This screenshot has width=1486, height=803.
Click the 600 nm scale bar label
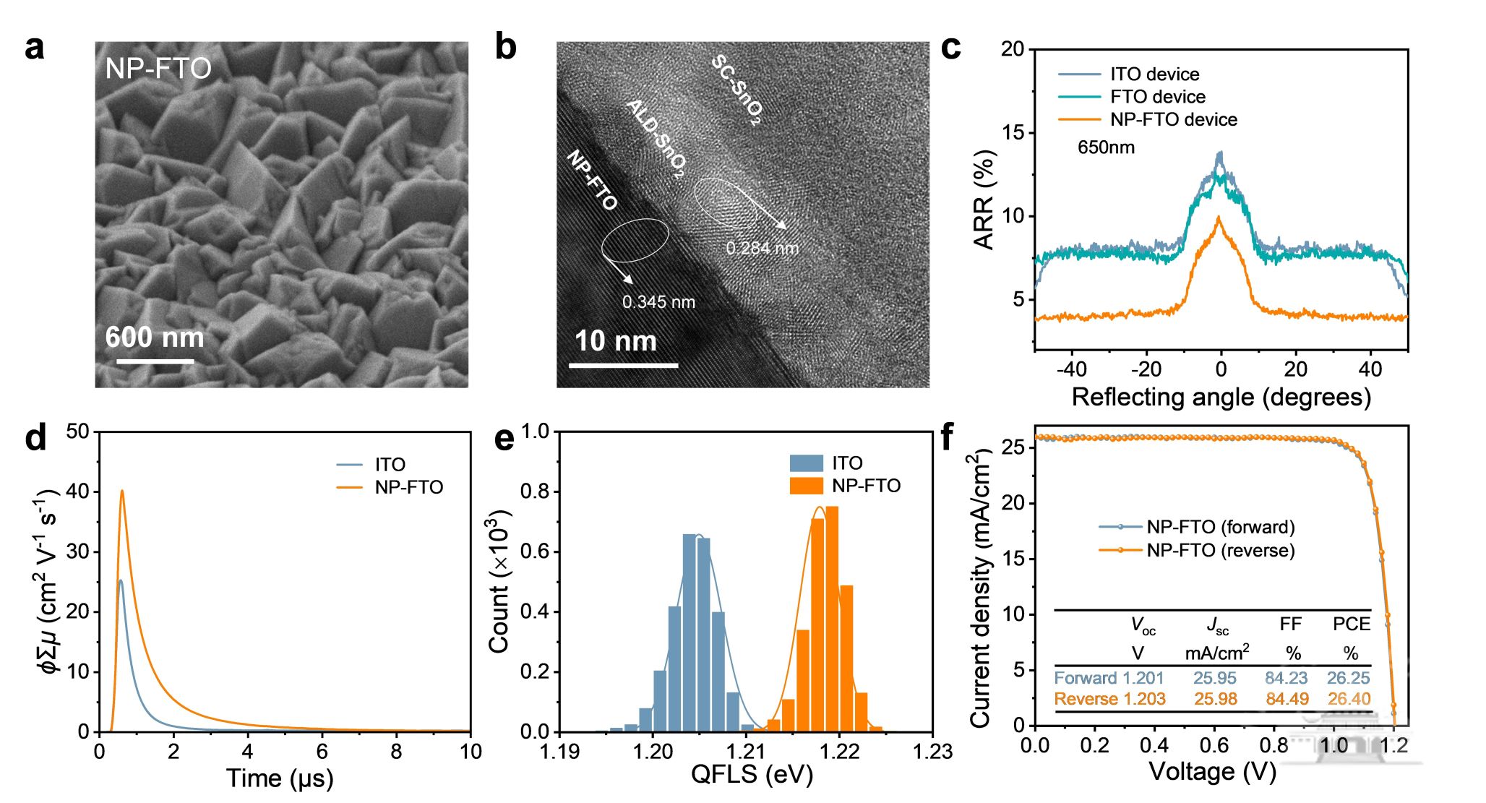pos(155,338)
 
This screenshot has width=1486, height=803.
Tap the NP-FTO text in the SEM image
pos(158,69)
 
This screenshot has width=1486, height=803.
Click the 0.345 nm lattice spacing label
pos(658,302)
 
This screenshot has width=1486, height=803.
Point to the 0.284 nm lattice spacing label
pos(762,249)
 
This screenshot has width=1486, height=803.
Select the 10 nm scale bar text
pos(615,341)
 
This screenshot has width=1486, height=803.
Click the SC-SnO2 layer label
pos(736,90)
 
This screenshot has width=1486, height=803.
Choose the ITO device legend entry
pos(1154,74)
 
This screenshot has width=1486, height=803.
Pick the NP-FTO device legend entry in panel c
pos(1173,120)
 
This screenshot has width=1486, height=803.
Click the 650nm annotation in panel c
pos(1106,147)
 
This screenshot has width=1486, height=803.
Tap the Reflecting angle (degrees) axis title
pos(1221,398)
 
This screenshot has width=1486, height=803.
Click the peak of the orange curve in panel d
pos(122,491)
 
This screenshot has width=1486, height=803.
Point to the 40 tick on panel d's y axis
pos(77,492)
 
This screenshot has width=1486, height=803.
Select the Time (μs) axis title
pos(280,778)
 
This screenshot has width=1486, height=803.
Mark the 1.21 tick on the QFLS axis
pos(746,752)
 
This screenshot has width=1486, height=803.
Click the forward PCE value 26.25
pos(1348,678)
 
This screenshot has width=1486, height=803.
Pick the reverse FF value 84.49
pos(1287,699)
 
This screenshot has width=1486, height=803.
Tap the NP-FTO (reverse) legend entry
pos(1220,551)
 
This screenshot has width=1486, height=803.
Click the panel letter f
pos(947,437)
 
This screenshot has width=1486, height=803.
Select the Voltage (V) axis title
pos(1212,772)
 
